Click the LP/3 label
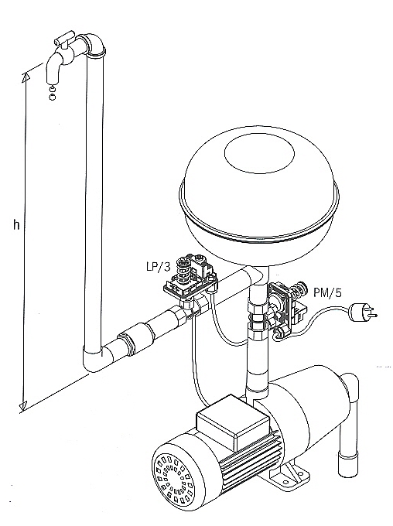[x=159, y=267]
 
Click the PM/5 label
[x=327, y=292]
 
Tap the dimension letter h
[x=16, y=224]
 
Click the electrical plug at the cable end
[x=363, y=312]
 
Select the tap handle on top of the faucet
[x=65, y=38]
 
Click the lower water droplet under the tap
[x=52, y=97]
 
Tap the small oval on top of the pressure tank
[x=259, y=154]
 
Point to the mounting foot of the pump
[x=289, y=474]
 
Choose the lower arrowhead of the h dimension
[x=22, y=406]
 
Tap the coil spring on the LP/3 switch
[x=183, y=268]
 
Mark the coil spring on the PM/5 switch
[x=297, y=289]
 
